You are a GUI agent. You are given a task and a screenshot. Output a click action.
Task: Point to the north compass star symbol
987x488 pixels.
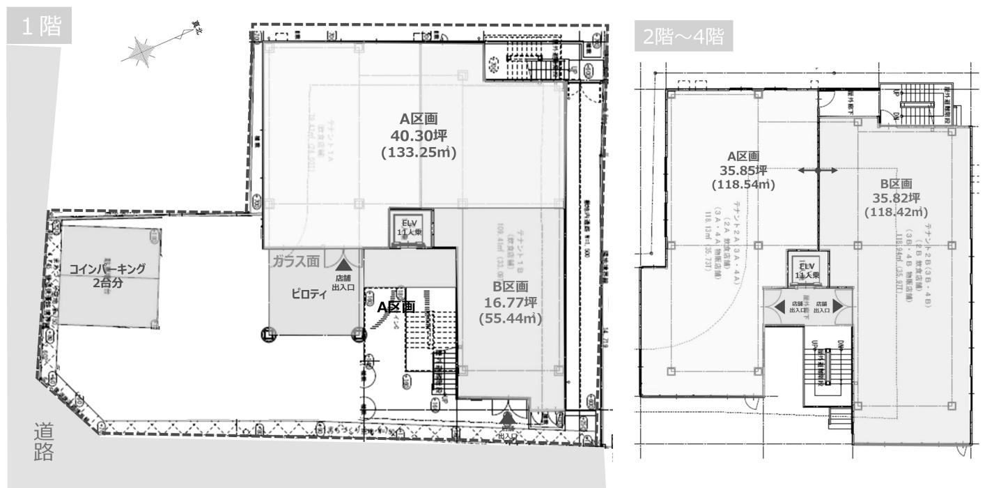(x=143, y=52)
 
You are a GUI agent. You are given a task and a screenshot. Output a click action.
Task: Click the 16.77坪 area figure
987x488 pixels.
(x=511, y=302)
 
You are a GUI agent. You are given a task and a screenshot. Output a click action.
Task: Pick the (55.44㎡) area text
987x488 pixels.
(x=511, y=318)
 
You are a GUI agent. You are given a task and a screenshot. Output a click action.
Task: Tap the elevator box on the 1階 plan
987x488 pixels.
(x=411, y=227)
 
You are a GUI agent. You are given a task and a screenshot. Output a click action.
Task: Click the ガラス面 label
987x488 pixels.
(x=296, y=261)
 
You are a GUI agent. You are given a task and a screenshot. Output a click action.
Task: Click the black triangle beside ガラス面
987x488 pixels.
(x=342, y=264)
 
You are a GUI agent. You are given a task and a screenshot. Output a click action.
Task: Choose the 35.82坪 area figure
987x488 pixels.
(x=896, y=198)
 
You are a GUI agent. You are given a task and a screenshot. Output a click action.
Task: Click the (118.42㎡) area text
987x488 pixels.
(x=896, y=212)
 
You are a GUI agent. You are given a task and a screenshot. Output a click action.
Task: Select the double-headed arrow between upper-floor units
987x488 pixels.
(x=818, y=170)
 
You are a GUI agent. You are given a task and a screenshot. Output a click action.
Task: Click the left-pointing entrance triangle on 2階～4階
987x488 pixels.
(x=777, y=306)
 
